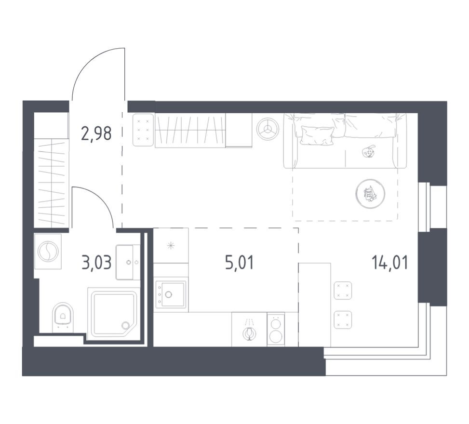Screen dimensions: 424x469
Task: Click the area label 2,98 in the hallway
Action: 96,132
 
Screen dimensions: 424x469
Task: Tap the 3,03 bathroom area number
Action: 96,263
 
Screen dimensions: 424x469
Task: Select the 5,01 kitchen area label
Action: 239,263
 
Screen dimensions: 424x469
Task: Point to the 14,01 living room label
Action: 389,263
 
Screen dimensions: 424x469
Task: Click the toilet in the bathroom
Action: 63,315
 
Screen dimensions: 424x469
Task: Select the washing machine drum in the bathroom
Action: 48,252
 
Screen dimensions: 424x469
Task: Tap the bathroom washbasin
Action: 127,262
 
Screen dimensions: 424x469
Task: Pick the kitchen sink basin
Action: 173,294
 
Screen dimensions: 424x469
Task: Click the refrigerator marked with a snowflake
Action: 171,246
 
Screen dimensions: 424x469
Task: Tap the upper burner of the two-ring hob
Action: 276,324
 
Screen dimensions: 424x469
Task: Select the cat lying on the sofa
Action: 368,152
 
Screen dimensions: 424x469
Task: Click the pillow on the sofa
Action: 317,135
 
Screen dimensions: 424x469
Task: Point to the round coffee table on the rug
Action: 370,194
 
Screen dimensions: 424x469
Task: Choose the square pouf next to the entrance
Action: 143,130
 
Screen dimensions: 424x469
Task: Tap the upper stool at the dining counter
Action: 343,290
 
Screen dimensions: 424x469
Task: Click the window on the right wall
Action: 424,207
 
